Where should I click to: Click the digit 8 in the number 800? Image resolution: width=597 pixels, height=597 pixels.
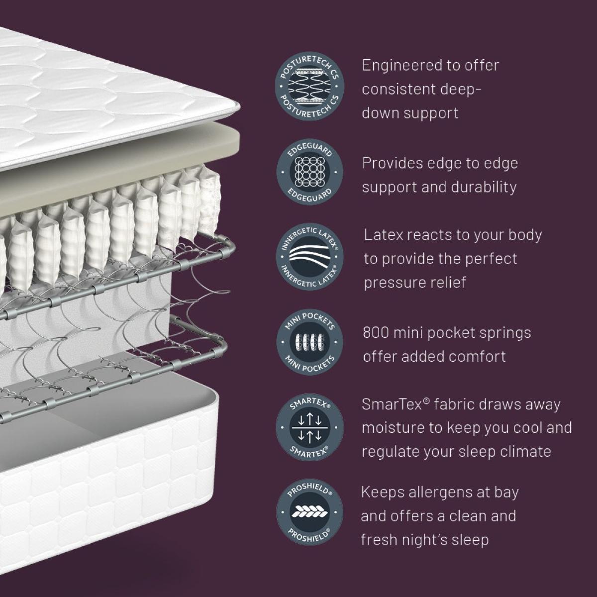[368, 333]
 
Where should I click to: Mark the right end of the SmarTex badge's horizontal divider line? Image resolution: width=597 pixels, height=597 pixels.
[328, 427]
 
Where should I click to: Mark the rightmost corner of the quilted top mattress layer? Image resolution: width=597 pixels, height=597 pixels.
[240, 106]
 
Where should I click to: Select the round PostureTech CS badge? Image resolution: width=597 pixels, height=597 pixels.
[309, 87]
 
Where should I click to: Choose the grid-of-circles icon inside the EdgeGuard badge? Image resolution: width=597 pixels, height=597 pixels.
[309, 172]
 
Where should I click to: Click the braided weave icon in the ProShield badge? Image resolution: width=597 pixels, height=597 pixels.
[309, 512]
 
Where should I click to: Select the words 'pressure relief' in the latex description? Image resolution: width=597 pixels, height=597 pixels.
[415, 283]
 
